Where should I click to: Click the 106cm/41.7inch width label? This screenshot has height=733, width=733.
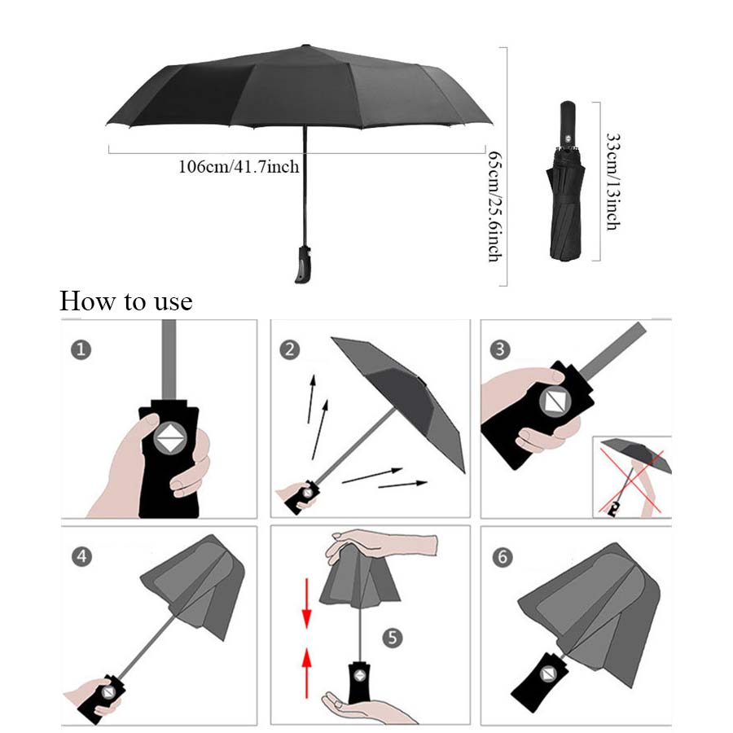pyautogui.click(x=239, y=167)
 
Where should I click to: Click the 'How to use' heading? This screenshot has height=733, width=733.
pyautogui.click(x=126, y=301)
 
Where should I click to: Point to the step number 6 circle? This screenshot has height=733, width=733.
pyautogui.click(x=502, y=557)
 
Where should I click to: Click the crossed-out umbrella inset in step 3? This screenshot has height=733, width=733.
pyautogui.click(x=631, y=476)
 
